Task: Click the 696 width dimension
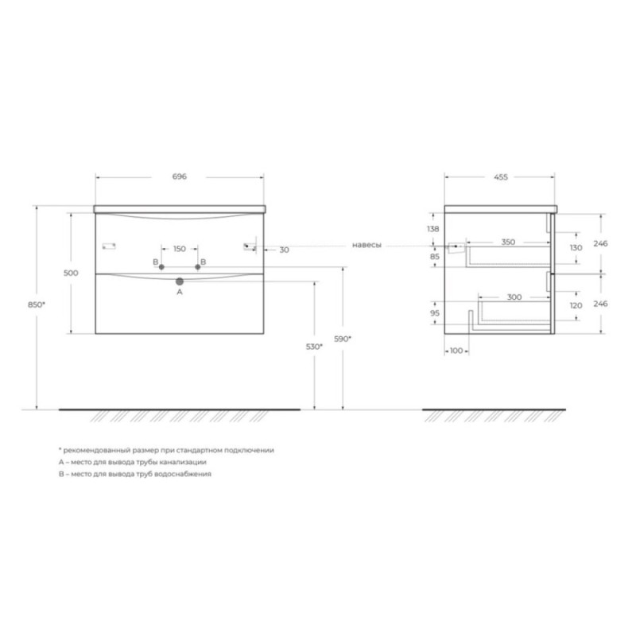(180, 176)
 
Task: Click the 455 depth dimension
(501, 176)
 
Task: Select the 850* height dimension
(37, 304)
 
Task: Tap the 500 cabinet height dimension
(71, 273)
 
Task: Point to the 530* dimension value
(314, 347)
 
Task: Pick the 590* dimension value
(343, 339)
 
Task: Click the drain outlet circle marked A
(180, 281)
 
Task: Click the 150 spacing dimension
(180, 249)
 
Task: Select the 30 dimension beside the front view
(285, 250)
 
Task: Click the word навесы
(366, 245)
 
